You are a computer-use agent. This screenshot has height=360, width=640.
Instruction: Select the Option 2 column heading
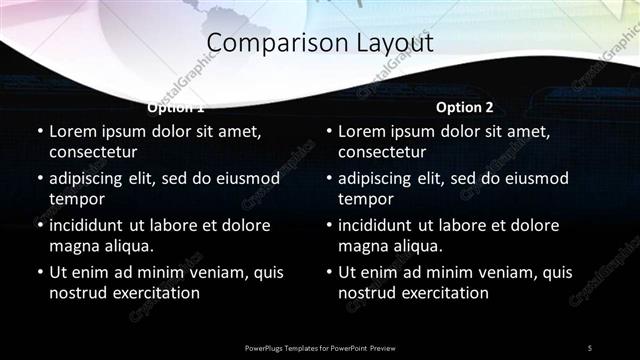tap(464, 107)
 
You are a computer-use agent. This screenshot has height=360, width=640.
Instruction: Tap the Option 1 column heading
tap(176, 107)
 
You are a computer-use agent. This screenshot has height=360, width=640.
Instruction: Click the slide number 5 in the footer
tap(589, 347)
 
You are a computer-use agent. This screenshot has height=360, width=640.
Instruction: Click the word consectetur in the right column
tap(382, 152)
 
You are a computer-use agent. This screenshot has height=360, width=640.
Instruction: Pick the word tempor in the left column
tap(75, 199)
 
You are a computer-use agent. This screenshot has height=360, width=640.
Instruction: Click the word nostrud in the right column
tap(364, 293)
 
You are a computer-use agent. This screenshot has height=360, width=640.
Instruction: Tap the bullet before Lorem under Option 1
tap(39, 131)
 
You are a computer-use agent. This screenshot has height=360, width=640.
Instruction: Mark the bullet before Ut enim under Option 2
tap(328, 272)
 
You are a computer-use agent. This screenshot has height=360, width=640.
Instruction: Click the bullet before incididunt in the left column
tap(39, 225)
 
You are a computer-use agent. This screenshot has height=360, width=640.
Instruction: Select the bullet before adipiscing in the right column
tap(328, 178)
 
